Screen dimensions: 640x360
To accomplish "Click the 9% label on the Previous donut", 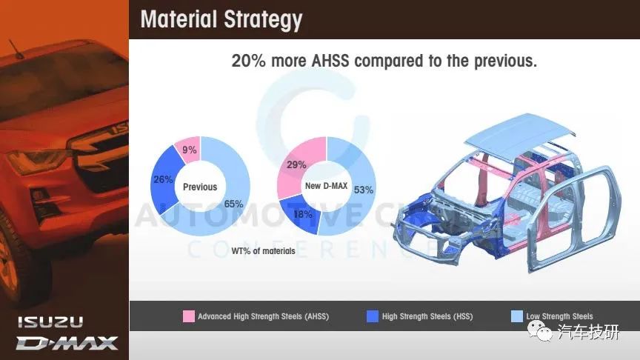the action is click(190, 150).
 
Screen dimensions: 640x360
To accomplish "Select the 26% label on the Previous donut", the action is click(163, 179).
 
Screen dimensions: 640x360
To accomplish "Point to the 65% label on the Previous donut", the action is click(233, 204).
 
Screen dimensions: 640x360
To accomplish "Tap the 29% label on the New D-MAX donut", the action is click(296, 164).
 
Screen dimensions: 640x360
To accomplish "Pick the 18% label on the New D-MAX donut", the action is click(303, 214).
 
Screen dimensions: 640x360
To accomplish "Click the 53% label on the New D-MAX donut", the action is click(363, 190).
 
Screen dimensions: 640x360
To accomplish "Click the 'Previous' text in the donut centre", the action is click(200, 187).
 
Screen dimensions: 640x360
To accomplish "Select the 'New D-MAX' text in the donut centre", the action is click(326, 186).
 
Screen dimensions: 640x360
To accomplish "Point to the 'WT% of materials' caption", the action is click(263, 251).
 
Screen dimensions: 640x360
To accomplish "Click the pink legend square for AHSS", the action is click(189, 316).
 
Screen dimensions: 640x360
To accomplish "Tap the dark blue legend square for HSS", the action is click(373, 316).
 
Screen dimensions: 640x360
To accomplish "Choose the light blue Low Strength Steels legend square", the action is click(517, 316).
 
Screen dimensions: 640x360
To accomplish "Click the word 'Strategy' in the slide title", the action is click(263, 19).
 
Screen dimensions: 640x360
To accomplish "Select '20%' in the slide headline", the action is click(248, 61).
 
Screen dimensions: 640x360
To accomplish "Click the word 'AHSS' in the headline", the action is click(330, 61).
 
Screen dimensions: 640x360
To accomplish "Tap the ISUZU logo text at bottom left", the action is click(50, 322).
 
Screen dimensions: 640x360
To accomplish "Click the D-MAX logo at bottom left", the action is click(67, 343).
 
